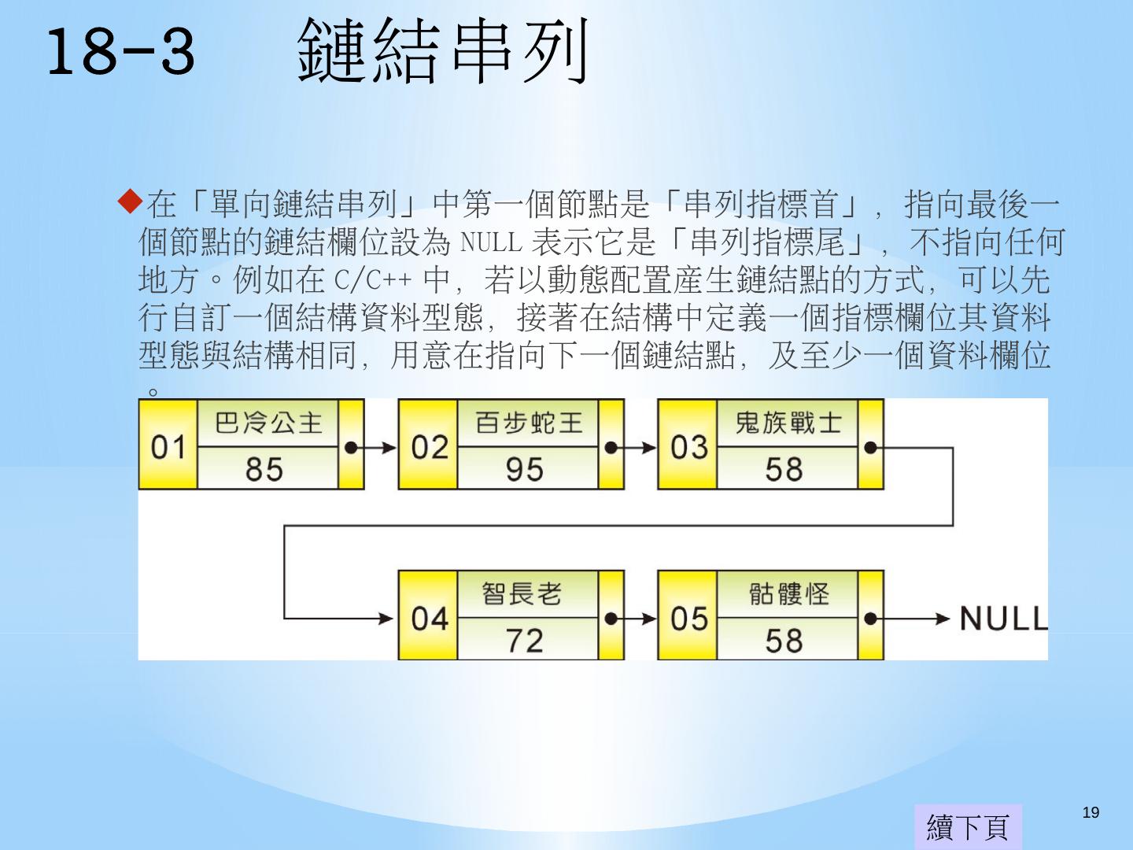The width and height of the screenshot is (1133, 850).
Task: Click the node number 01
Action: click(x=168, y=447)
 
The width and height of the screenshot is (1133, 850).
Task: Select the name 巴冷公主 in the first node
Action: click(x=268, y=423)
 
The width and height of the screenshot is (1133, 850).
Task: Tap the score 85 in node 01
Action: click(x=264, y=470)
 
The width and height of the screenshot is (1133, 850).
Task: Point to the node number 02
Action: click(x=429, y=447)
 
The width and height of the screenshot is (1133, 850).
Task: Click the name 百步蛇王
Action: click(x=528, y=423)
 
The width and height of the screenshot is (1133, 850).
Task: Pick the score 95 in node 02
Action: click(x=525, y=470)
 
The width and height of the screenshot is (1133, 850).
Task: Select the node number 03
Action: click(x=688, y=447)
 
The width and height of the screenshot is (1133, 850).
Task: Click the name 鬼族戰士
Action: click(x=788, y=423)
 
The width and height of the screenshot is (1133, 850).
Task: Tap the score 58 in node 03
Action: click(x=784, y=470)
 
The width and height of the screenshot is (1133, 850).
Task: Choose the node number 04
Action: click(x=429, y=619)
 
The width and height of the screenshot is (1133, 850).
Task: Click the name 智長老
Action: click(x=522, y=593)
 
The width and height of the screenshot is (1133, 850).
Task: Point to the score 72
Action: click(x=525, y=641)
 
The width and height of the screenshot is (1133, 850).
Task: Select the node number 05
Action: click(x=688, y=619)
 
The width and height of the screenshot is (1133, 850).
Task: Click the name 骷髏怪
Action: click(x=788, y=593)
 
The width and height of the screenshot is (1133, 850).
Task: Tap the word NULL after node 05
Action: click(x=1003, y=619)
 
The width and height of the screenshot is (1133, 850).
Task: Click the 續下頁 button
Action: click(x=968, y=826)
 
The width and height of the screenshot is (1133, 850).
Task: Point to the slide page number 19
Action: click(x=1091, y=813)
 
